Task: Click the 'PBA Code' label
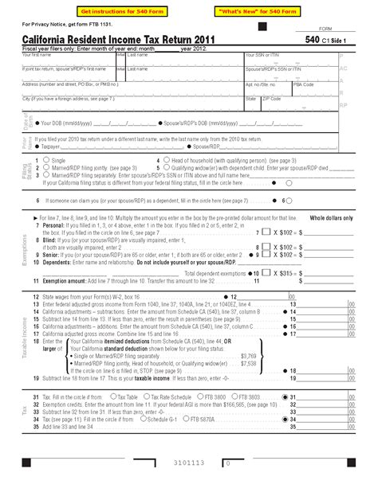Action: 303,84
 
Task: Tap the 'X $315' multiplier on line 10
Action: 270,273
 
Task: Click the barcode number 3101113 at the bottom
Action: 188,462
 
